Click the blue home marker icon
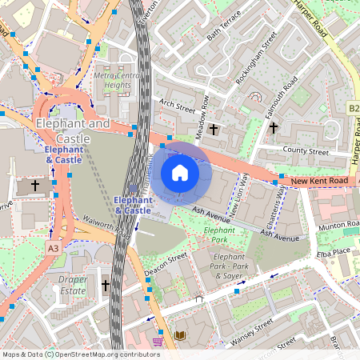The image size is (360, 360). (x=180, y=172)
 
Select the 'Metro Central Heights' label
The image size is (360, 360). (x=112, y=80)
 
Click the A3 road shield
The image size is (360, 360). (x=53, y=249)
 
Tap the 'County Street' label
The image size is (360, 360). (x=306, y=150)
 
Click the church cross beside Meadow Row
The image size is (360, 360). (x=213, y=129)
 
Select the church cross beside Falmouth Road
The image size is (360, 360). (x=273, y=127)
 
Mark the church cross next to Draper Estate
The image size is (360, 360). (x=105, y=284)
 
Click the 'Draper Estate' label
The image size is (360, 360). (x=73, y=285)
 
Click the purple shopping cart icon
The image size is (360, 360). (x=158, y=342)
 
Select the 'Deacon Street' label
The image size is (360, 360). (x=166, y=263)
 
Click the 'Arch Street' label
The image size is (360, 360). (x=177, y=105)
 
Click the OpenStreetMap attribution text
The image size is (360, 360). (x=81, y=354)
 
